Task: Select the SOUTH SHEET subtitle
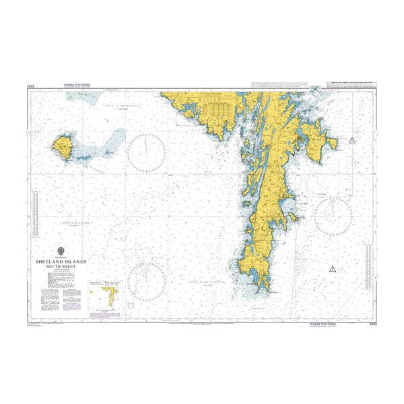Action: tap(66, 265)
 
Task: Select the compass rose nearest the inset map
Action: tap(147, 278)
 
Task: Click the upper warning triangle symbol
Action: tap(351, 140)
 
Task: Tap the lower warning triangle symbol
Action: tap(331, 269)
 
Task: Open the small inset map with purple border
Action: tap(109, 297)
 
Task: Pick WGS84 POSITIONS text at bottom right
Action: tap(323, 324)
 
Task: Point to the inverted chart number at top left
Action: tap(31, 86)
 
